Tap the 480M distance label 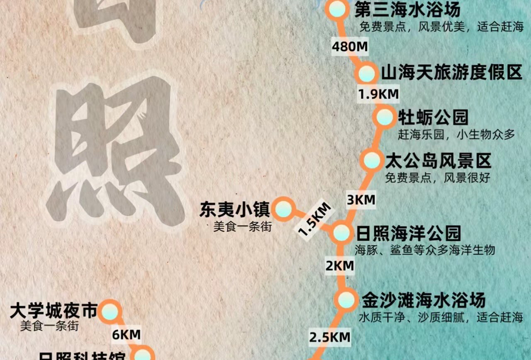tap(350, 47)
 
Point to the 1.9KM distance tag tap(378, 94)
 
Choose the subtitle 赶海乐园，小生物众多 tap(456, 135)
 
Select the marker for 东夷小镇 tap(284, 208)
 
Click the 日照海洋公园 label tap(408, 233)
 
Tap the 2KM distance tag tap(340, 266)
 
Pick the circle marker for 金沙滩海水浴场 tap(345, 299)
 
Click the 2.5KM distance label tap(330, 337)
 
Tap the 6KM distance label tap(127, 334)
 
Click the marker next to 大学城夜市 tap(110, 311)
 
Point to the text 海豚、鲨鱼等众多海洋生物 tap(425, 250)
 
